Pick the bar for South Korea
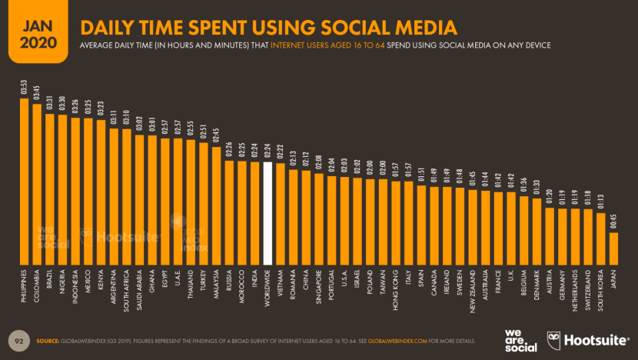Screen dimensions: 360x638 (600, 238)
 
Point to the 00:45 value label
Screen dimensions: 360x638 (613, 224)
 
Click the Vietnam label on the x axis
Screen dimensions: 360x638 (281, 285)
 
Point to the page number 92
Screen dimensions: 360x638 (18, 339)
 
